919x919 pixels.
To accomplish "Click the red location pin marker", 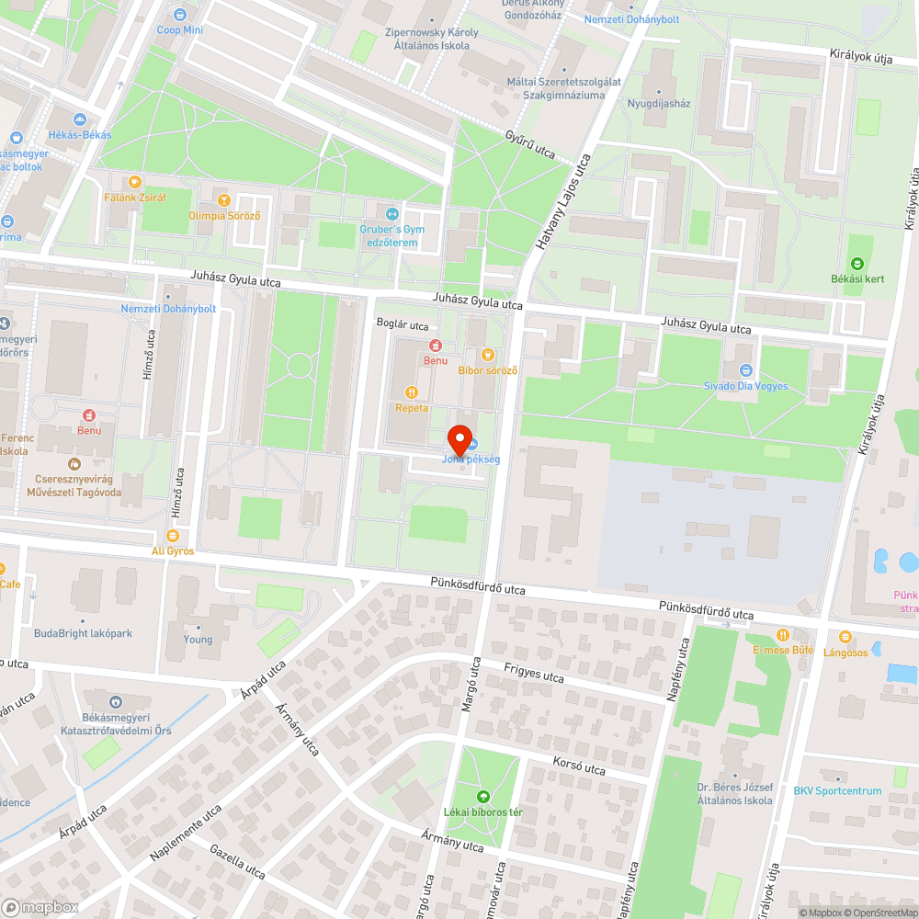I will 459,438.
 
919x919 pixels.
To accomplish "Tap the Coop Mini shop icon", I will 179,15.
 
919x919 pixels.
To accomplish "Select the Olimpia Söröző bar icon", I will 221,199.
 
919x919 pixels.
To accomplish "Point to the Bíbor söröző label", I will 488,370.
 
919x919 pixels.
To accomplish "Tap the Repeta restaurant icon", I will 412,391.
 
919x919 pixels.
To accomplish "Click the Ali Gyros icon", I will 173,536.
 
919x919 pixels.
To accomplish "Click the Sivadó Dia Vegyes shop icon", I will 745,370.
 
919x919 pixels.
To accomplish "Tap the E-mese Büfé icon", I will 783,634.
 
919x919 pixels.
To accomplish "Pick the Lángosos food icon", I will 845,636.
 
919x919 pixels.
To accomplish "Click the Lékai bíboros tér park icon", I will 483,797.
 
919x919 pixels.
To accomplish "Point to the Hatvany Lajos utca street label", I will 563,204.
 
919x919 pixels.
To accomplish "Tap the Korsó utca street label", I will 579,766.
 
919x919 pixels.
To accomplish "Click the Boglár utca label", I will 403,325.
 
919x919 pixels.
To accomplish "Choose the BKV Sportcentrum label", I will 837,791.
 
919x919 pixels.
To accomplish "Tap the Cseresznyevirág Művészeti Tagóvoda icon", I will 74,462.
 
